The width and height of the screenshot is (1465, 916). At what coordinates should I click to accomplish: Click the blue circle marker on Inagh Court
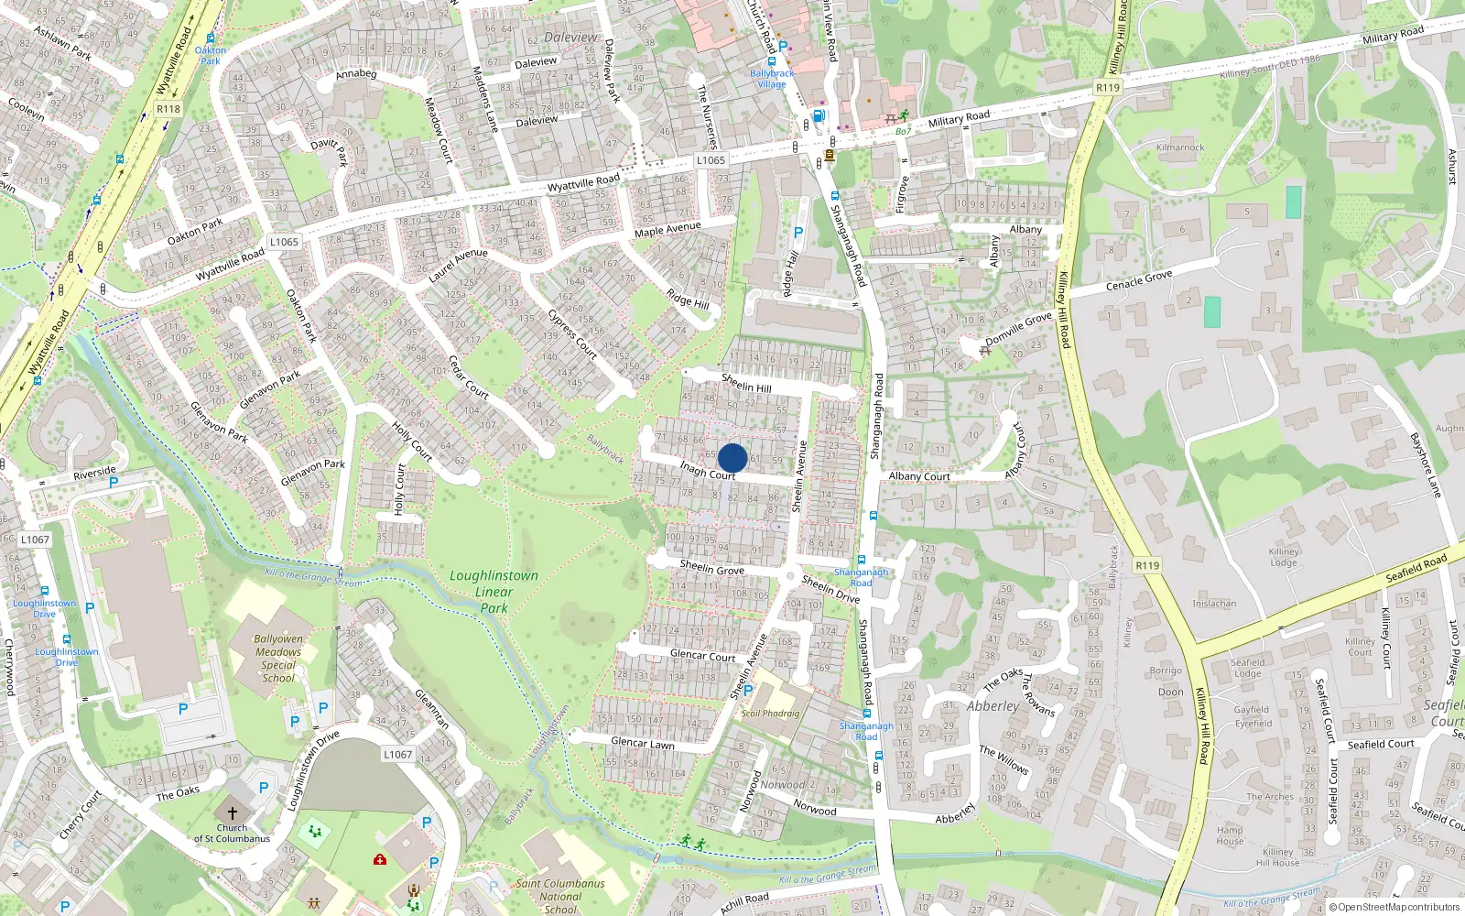pos(732,458)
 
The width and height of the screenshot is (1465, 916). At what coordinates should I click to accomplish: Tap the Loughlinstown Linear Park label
pos(494,591)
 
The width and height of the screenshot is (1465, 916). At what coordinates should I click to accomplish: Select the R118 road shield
pos(168,108)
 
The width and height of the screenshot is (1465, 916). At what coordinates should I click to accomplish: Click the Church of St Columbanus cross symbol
pos(232,812)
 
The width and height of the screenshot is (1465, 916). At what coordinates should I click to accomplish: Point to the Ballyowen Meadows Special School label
pos(277,659)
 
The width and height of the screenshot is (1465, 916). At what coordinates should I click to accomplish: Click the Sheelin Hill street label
pos(746,383)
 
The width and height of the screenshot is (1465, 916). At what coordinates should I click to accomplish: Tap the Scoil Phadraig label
pos(770,714)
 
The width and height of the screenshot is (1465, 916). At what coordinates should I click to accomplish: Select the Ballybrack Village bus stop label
pos(772,79)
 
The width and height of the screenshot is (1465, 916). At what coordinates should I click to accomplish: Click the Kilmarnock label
pos(1180,147)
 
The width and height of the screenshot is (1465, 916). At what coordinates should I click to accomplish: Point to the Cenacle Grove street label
pos(1139,279)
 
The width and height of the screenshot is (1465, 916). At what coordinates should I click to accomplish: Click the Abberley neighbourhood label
pos(993,706)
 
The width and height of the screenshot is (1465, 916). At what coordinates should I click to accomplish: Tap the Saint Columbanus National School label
pos(559,896)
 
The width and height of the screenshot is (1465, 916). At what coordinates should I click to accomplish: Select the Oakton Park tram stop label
pos(210,56)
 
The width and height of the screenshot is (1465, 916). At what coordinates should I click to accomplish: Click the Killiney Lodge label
pos(1283,557)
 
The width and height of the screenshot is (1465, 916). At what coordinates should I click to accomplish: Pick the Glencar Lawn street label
pos(642,743)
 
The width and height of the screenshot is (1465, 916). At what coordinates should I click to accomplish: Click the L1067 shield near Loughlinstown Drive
pos(397,754)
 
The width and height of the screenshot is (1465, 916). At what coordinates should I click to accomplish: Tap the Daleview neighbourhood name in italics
pos(570,38)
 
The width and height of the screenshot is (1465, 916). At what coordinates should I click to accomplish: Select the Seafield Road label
pos(1416,568)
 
